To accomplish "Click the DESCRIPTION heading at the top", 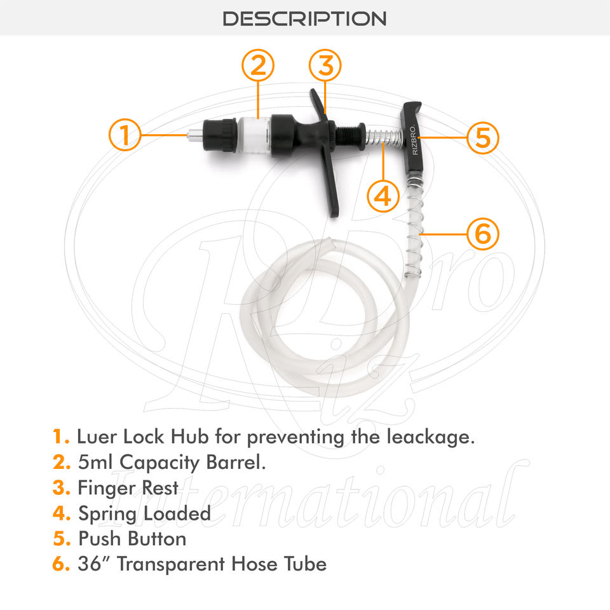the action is pyautogui.click(x=304, y=18).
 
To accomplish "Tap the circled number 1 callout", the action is pyautogui.click(x=125, y=135).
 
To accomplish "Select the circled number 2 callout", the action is pyautogui.click(x=258, y=65).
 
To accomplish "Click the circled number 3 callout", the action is pyautogui.click(x=325, y=65).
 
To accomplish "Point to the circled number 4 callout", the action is pyautogui.click(x=383, y=196).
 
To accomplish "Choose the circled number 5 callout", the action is pyautogui.click(x=482, y=137).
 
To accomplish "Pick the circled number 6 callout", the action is pyautogui.click(x=482, y=234).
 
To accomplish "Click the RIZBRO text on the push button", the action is pyautogui.click(x=415, y=140).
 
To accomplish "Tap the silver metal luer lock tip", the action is pyautogui.click(x=195, y=135).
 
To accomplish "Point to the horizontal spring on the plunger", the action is pyautogui.click(x=384, y=137).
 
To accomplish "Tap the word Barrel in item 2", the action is pyautogui.click(x=236, y=462).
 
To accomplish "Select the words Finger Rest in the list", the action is pyautogui.click(x=128, y=488).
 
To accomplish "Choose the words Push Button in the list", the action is pyautogui.click(x=132, y=539).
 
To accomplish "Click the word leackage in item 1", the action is pyautogui.click(x=431, y=437).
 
